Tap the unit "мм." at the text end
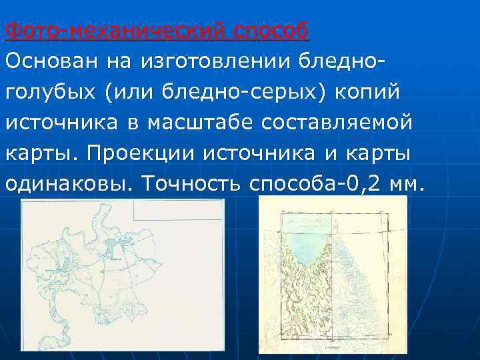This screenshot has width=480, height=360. [x=406, y=184]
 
